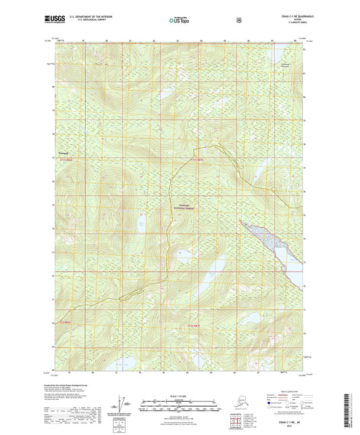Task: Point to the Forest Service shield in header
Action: tap(239, 20)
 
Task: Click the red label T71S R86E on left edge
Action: tap(65, 159)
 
